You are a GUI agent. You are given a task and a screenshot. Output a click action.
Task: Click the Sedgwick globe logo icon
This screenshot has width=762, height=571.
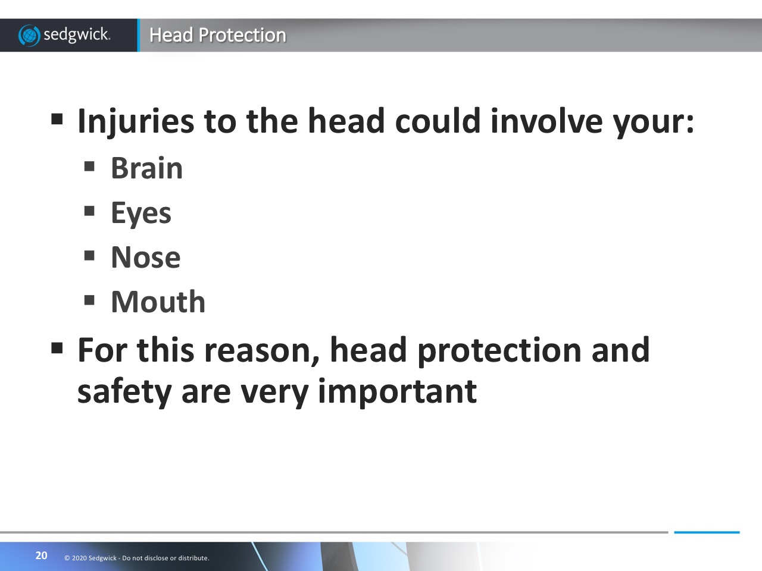click(29, 35)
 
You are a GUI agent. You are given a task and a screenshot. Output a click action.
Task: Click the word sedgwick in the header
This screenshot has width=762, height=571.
click(77, 35)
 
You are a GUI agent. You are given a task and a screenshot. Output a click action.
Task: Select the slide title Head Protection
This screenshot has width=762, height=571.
click(218, 35)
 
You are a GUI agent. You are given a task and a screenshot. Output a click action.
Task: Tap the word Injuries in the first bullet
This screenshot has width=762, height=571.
click(136, 121)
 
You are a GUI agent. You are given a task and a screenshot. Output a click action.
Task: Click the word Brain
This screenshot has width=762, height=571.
click(147, 168)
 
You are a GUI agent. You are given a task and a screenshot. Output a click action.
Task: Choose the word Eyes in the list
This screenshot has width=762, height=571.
click(141, 213)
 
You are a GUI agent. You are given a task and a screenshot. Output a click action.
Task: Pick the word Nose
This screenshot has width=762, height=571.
click(146, 257)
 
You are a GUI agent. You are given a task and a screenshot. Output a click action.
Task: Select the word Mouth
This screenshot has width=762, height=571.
click(158, 301)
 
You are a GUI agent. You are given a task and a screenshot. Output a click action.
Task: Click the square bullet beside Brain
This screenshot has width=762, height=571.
click(89, 166)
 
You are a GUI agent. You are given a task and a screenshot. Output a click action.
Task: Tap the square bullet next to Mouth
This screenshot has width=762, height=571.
click(89, 300)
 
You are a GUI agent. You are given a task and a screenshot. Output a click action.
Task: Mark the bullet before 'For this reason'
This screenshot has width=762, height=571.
click(57, 347)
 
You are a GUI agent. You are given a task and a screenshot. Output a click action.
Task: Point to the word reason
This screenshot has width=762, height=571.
click(262, 352)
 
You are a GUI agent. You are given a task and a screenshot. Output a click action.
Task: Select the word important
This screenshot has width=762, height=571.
click(397, 392)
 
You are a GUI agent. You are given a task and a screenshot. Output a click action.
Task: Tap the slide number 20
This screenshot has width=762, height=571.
click(41, 556)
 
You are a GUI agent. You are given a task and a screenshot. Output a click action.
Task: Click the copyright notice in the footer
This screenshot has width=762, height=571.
click(137, 558)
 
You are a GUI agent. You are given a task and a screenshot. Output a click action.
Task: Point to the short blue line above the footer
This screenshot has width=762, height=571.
click(707, 532)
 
